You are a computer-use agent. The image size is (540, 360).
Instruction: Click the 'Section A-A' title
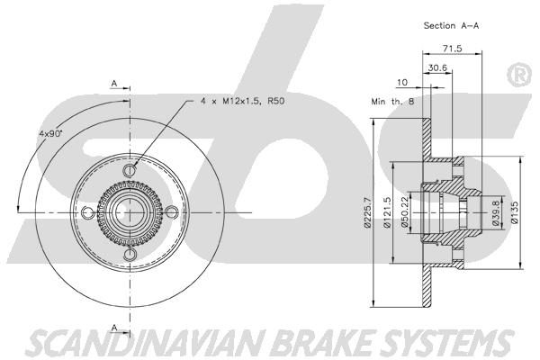coord(451,25)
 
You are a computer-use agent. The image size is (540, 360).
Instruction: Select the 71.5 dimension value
coord(452,49)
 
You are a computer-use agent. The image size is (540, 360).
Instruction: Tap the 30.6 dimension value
coord(437,67)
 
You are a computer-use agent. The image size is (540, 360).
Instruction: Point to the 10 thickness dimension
coord(402,82)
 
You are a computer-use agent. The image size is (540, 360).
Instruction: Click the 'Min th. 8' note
coord(392,102)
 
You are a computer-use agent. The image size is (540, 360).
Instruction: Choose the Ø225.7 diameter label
coord(367,212)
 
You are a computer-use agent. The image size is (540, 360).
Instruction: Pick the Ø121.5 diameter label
coord(387,212)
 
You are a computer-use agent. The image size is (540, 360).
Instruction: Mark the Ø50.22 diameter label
coord(405,211)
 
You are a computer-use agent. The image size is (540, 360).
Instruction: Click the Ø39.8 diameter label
coord(496,213)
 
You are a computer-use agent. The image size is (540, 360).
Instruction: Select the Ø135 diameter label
coord(515,212)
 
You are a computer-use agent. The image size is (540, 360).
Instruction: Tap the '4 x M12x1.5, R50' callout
coord(243,102)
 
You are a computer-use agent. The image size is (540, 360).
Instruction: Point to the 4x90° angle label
coord(50,133)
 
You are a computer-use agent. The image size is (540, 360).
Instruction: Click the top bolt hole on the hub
coord(130,170)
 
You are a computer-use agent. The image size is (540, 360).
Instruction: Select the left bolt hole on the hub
coord(88,212)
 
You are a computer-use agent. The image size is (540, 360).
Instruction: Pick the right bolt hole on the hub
coord(172,212)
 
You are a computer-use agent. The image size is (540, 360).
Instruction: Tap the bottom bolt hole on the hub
coord(130,255)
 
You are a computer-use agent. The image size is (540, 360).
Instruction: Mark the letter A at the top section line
coord(114,84)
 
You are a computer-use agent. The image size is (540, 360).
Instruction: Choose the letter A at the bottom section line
coord(114,328)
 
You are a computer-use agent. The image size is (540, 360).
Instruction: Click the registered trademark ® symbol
coord(518,75)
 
